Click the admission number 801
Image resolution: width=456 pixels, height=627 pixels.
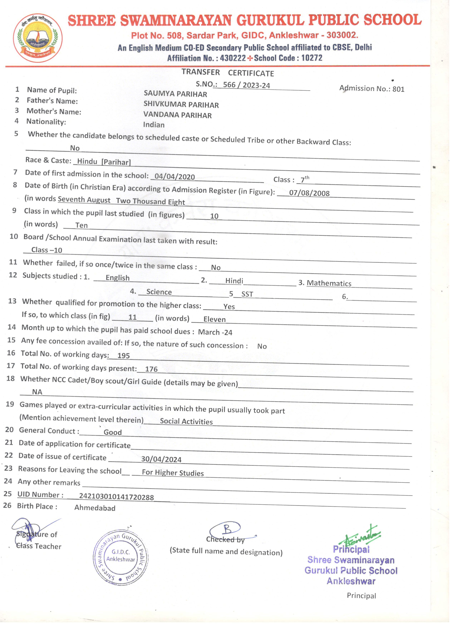point(398,89)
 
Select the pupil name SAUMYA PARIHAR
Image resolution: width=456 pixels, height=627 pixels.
point(175,94)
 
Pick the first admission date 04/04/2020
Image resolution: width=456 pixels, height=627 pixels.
point(175,177)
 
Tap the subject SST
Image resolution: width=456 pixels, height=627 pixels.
point(247,294)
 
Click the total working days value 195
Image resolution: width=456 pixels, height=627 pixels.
point(123,356)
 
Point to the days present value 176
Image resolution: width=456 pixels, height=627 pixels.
point(151,369)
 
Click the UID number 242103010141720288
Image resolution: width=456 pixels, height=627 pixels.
point(116,497)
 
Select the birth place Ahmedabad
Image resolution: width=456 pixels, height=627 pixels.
point(95,508)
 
